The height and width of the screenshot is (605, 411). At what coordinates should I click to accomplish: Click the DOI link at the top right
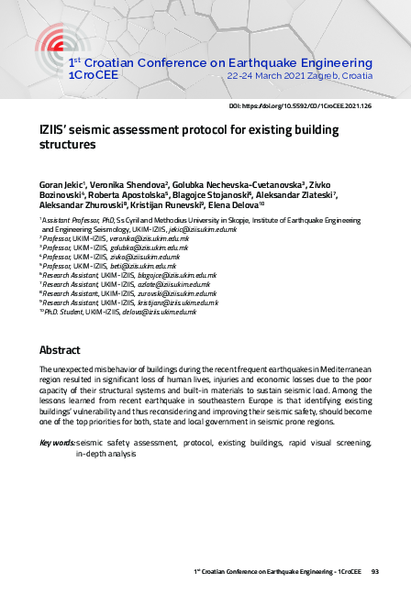click(313, 106)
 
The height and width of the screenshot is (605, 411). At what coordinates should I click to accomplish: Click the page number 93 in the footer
click(374, 571)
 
